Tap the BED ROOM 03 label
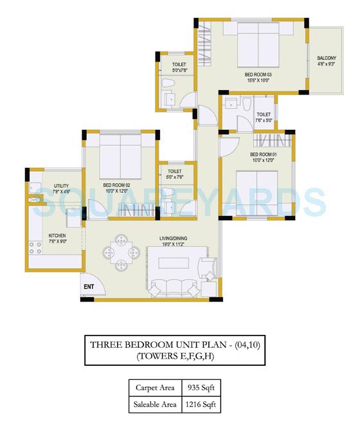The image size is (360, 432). point(258,75)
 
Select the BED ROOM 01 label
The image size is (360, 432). point(263,155)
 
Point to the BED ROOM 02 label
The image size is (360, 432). point(116,185)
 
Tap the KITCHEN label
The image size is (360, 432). point(57,235)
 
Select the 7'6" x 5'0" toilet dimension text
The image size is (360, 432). point(264,120)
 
